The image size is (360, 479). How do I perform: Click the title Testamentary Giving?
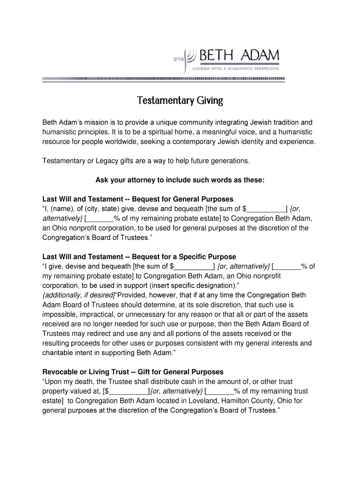click(x=180, y=101)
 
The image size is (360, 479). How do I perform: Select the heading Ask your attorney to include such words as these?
click(x=180, y=180)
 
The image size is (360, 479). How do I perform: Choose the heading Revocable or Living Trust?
click(x=133, y=372)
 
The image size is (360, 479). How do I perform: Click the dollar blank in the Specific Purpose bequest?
click(x=194, y=267)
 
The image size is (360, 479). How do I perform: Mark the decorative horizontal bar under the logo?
click(x=164, y=79)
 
